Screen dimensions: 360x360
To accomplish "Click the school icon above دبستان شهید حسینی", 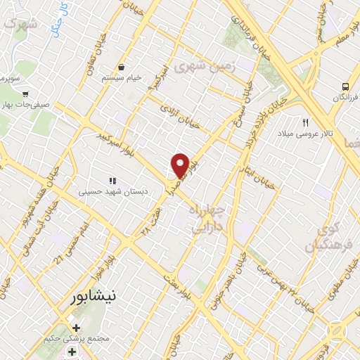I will pyautogui.click(x=112, y=181).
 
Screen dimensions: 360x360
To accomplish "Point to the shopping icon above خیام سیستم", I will pyautogui.click(x=122, y=67).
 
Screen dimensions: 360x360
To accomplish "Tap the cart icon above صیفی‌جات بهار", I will pyautogui.click(x=26, y=93).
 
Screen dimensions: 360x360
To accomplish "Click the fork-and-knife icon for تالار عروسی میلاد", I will pyautogui.click(x=306, y=122).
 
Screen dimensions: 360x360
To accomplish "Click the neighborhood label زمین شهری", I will pyautogui.click(x=205, y=67).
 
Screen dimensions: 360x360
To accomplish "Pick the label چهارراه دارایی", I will pyautogui.click(x=209, y=219).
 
